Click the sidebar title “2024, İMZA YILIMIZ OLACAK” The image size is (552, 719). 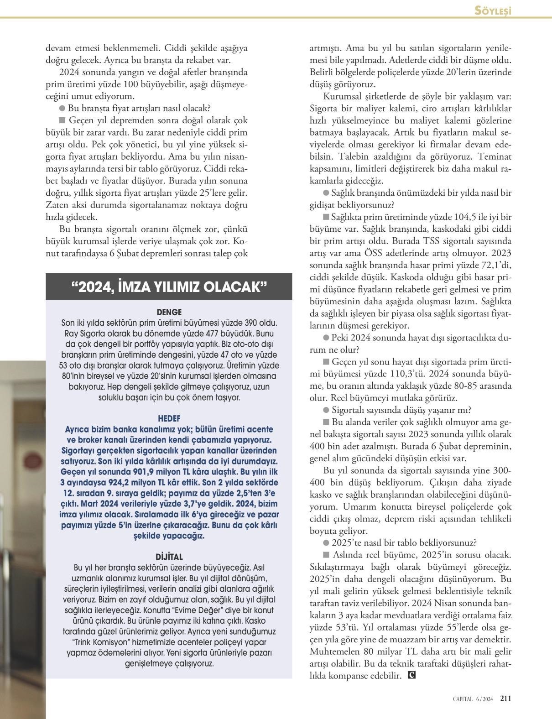coord(169,287)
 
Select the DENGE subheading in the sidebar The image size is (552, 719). coord(169,313)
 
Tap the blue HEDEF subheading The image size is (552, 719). coord(169,418)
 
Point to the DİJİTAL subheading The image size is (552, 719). coord(169,557)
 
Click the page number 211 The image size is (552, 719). coord(505,698)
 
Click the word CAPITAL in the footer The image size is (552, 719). coord(463,698)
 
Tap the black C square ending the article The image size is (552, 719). coord(411,675)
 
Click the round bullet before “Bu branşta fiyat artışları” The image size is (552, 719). coord(62,109)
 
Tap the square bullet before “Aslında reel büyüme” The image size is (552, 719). coord(326,555)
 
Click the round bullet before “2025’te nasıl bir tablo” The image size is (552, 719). coord(326,543)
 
